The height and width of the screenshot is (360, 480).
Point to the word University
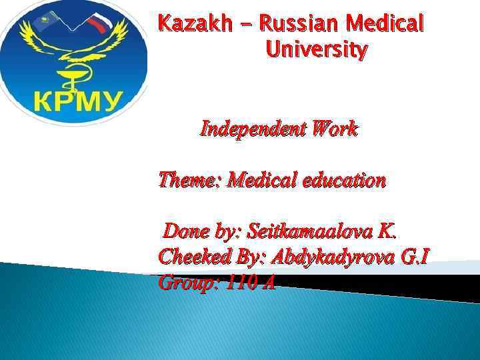pyautogui.click(x=316, y=50)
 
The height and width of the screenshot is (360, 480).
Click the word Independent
pyautogui.click(x=252, y=129)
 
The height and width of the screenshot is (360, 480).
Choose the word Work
pyautogui.click(x=333, y=129)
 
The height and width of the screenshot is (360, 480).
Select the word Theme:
pyautogui.click(x=190, y=180)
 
